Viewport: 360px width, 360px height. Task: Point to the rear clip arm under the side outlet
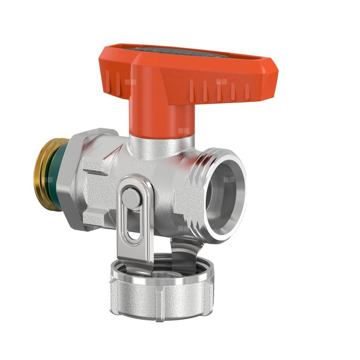click(180, 243)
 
